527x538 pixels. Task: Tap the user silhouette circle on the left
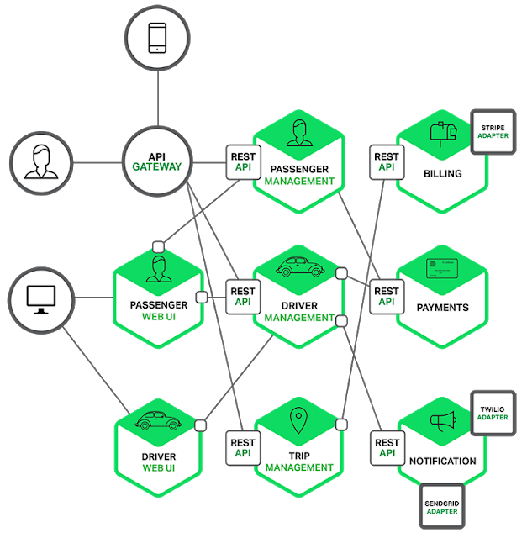[42, 162]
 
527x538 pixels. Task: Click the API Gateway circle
[157, 162]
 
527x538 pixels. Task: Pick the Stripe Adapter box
[493, 132]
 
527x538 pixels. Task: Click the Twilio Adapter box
[493, 413]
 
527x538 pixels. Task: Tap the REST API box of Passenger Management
[243, 161]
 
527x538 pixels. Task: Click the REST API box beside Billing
[387, 161]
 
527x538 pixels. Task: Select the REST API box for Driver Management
[243, 297]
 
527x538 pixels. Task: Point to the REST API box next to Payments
[387, 297]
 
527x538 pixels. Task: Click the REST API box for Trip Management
[243, 447]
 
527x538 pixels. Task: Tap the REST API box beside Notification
[387, 447]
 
